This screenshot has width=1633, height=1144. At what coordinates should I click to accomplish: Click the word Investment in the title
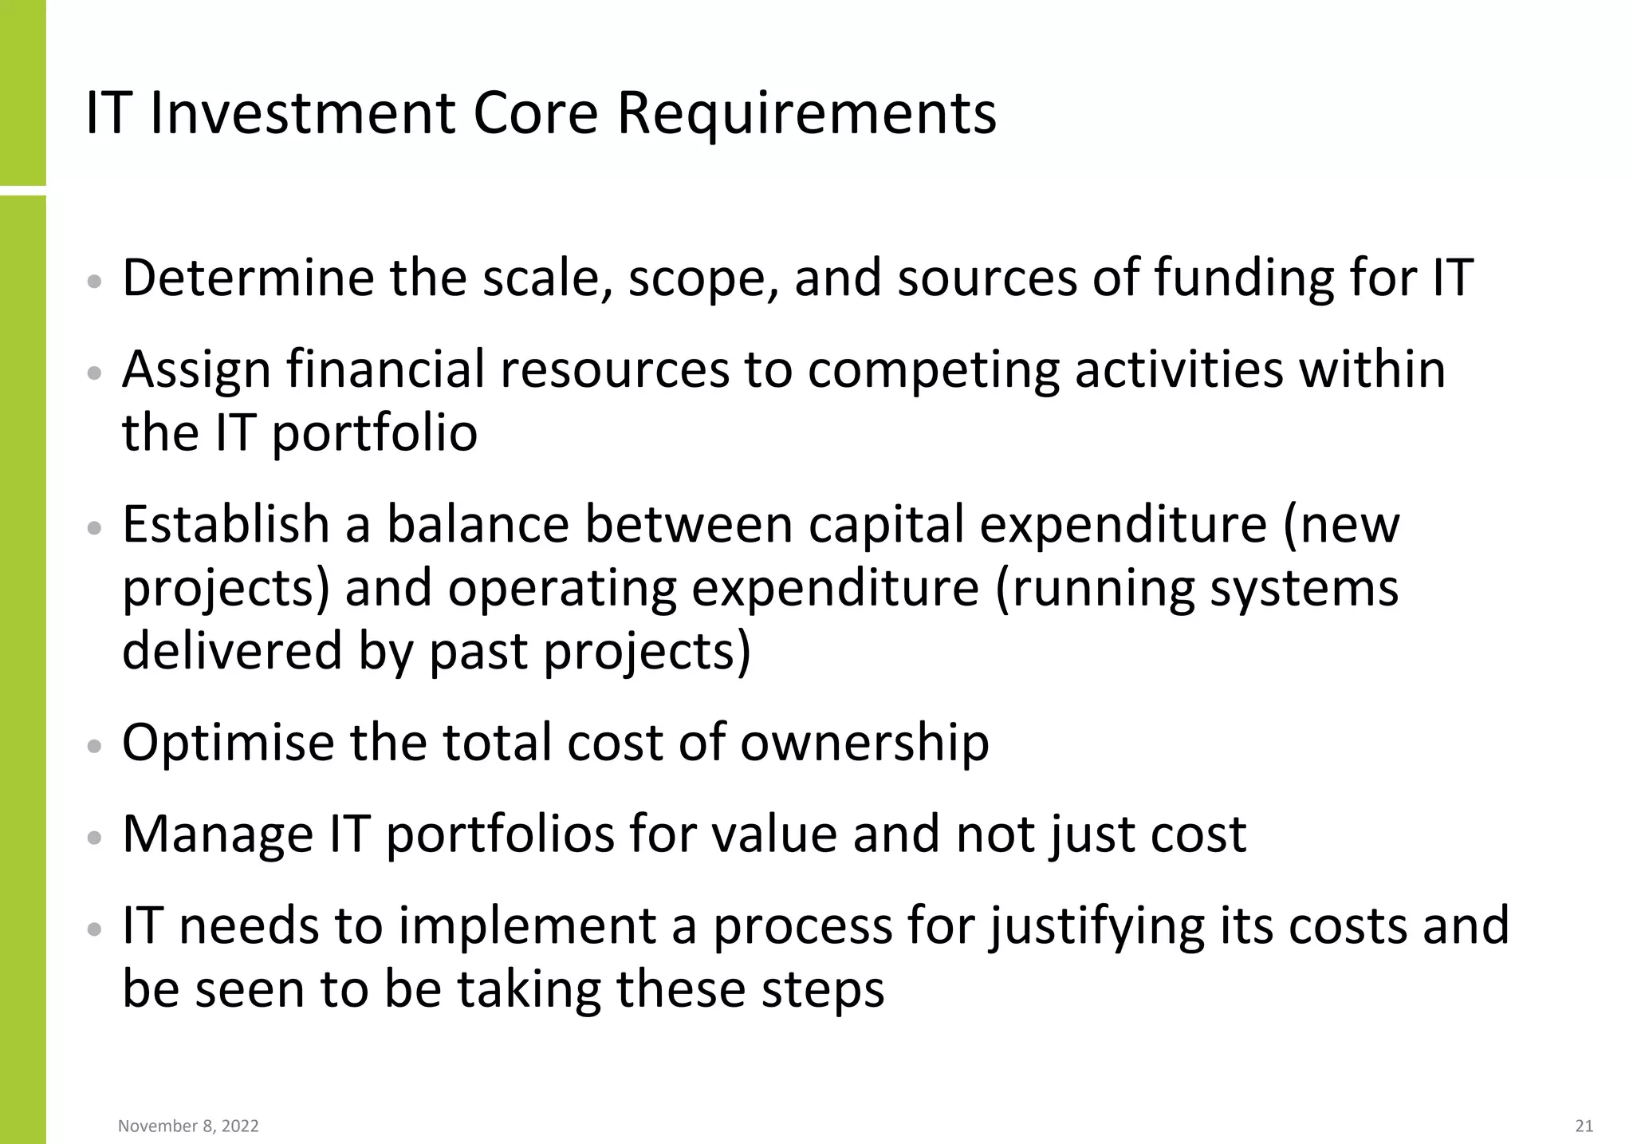[x=302, y=114]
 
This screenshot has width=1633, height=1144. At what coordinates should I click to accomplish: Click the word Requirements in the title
[x=806, y=114]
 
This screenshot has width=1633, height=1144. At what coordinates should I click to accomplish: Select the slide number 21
[x=1584, y=1126]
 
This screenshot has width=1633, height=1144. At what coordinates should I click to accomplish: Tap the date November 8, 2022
[x=188, y=1126]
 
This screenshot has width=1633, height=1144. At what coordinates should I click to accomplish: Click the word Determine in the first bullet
[x=247, y=278]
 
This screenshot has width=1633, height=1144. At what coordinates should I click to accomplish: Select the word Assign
[x=196, y=370]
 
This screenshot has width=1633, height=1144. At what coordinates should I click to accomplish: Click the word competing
[x=933, y=370]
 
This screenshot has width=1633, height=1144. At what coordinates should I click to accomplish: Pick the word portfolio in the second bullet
[x=375, y=433]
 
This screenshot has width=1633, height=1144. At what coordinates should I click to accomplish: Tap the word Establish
[x=226, y=525]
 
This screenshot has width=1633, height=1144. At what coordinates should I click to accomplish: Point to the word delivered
[x=232, y=651]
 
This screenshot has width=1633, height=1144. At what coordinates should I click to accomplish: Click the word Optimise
[x=227, y=743]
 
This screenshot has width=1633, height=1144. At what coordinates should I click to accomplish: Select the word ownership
[x=864, y=743]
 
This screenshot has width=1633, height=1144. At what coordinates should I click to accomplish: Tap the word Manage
[x=218, y=834]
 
